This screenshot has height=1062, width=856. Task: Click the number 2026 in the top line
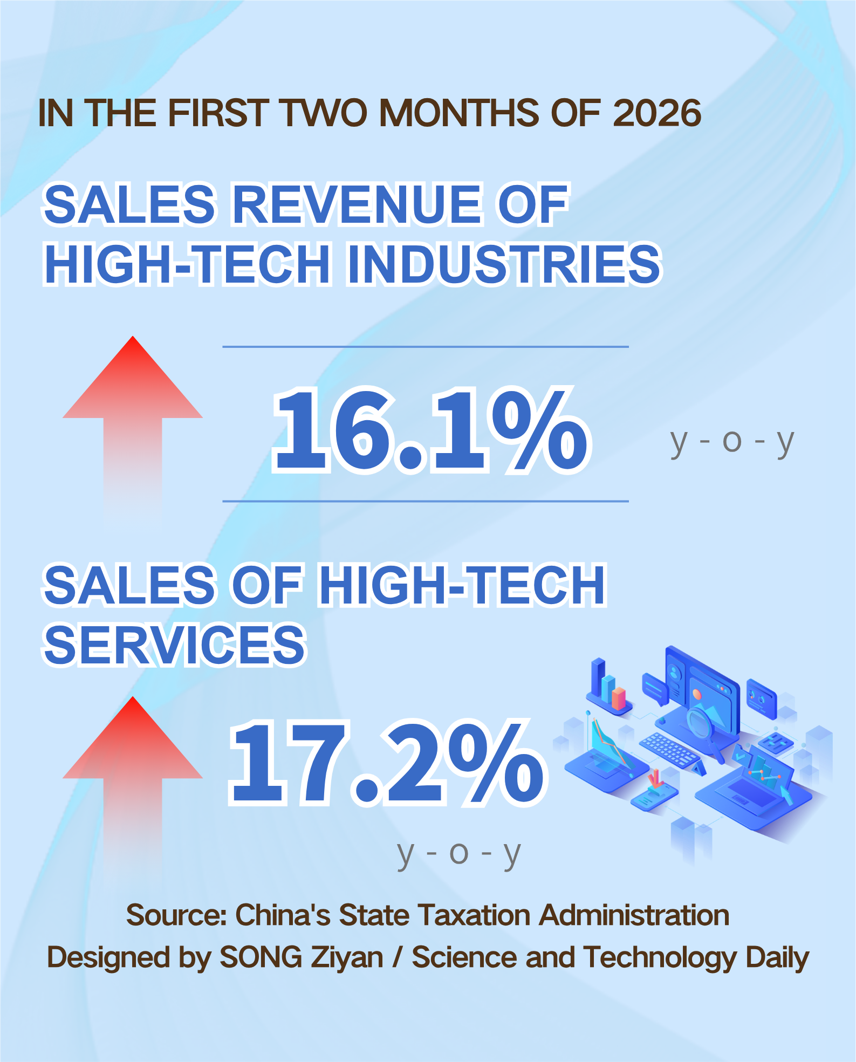[x=656, y=113]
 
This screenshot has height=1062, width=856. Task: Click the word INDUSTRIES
[x=504, y=264]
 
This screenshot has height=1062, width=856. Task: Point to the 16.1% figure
[x=430, y=430]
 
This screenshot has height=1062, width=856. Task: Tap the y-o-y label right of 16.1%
[x=732, y=442]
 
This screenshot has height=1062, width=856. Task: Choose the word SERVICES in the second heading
[x=174, y=645]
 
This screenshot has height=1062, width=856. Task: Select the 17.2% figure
[x=386, y=763]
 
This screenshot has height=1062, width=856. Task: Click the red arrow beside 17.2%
[x=133, y=771]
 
